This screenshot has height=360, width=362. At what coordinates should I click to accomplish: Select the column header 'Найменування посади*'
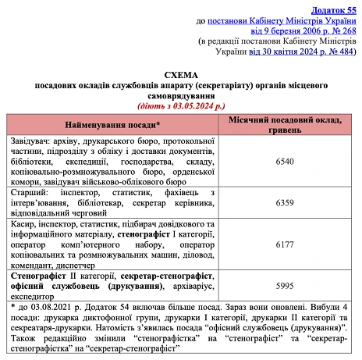[113, 124]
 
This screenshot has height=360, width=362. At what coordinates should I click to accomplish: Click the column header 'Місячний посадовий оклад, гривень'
[285, 124]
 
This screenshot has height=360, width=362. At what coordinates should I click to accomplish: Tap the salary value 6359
[285, 202]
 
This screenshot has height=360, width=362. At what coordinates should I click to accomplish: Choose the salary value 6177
[285, 244]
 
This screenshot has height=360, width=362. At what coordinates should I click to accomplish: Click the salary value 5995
[285, 286]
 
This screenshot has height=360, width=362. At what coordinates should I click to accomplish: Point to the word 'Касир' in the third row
[22, 223]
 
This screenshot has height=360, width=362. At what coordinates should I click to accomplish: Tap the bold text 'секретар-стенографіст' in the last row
[167, 276]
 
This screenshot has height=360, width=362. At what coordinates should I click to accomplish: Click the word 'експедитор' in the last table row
[30, 297]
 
